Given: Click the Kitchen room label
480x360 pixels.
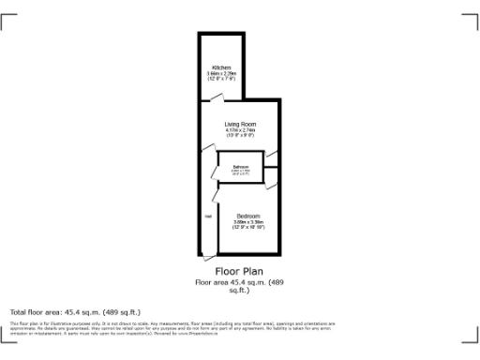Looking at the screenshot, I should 221,67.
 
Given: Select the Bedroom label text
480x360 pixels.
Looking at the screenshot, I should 247,215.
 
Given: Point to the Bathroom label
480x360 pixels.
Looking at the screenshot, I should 240,167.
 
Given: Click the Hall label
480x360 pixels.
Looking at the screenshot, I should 207,217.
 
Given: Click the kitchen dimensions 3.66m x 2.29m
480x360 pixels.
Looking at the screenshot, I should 221,73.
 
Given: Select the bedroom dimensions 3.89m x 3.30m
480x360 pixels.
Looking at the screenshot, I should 247,221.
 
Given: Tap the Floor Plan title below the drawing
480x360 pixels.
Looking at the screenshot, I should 239,272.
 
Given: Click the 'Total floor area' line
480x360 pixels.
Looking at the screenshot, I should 75,311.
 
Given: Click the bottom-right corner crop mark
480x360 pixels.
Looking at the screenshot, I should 472,339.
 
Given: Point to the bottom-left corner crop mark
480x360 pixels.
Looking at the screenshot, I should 7,339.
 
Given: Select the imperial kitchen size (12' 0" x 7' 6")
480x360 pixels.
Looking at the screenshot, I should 221,79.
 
